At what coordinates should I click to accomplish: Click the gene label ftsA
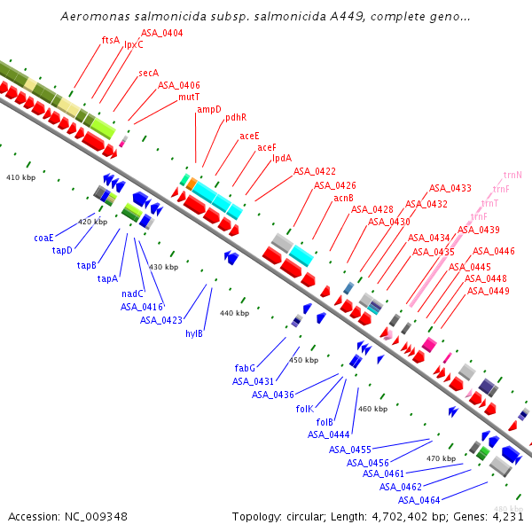[x=111, y=40]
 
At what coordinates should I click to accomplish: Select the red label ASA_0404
[x=162, y=33]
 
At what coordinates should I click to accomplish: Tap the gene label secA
[x=148, y=73]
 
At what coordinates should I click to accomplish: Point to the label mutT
[x=189, y=97]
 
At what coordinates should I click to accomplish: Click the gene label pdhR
[x=236, y=117]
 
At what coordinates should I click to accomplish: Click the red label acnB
[x=344, y=198]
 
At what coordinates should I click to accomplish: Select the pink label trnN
[x=512, y=176]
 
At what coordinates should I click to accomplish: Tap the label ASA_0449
[x=488, y=291]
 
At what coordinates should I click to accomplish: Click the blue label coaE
[x=44, y=238]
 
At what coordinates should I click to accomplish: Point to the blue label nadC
[x=133, y=293]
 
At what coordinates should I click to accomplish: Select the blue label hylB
[x=194, y=333]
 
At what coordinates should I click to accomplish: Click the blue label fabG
[x=246, y=367]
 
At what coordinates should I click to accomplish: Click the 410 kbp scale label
[x=20, y=178]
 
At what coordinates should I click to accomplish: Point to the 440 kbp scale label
[x=234, y=313]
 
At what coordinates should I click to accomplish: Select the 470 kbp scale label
[x=441, y=458]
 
